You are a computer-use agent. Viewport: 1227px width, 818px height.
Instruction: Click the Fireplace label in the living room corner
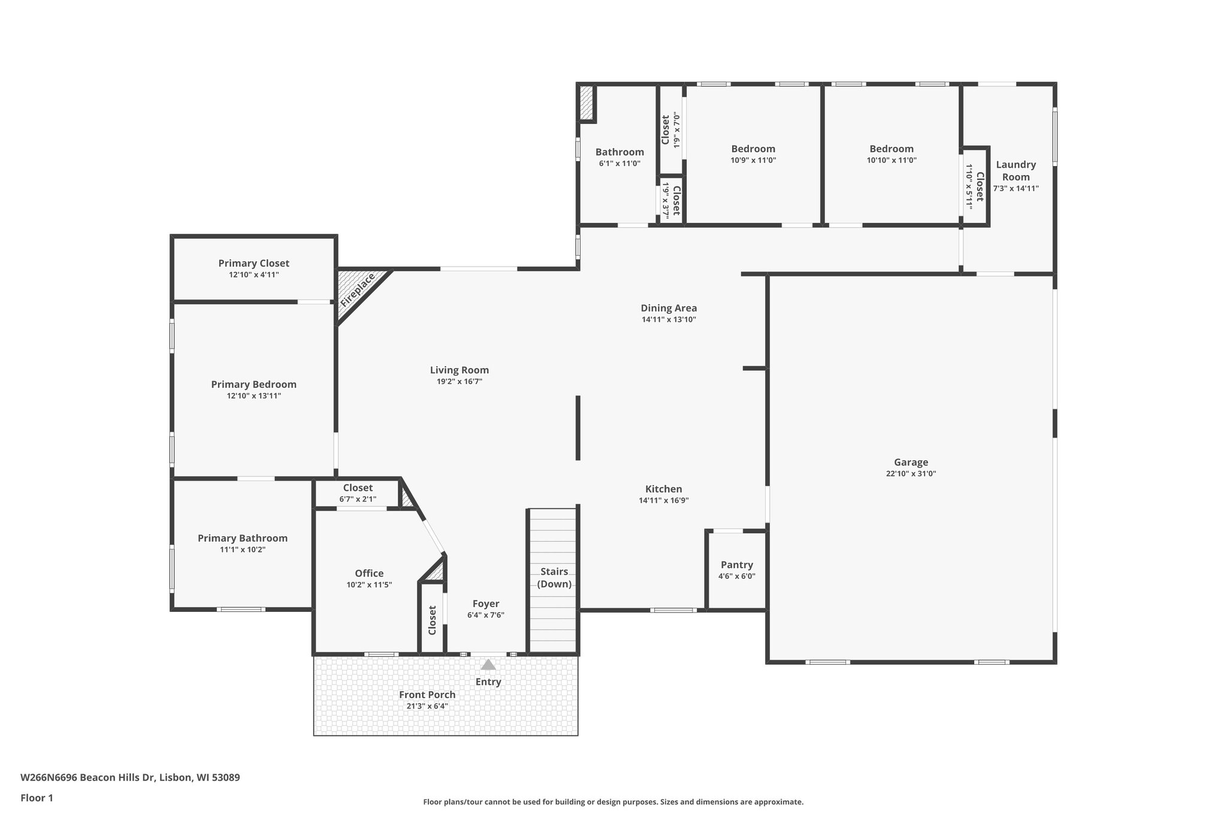pyautogui.click(x=358, y=290)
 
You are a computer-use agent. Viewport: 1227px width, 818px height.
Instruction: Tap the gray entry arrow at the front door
pyautogui.click(x=488, y=665)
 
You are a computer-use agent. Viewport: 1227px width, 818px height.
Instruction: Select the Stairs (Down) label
pyautogui.click(x=554, y=578)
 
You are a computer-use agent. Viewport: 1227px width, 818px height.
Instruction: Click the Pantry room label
pyautogui.click(x=737, y=565)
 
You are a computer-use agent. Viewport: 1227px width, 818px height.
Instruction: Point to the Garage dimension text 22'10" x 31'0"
pyautogui.click(x=911, y=473)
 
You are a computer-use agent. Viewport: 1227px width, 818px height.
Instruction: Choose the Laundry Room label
pyautogui.click(x=1016, y=171)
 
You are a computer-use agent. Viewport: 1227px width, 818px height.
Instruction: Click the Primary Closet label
pyautogui.click(x=253, y=263)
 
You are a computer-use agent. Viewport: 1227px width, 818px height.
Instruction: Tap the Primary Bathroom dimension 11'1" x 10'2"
pyautogui.click(x=243, y=550)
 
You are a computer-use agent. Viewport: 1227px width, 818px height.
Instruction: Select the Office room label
pyautogui.click(x=369, y=573)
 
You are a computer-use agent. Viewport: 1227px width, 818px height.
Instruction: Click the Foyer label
pyautogui.click(x=486, y=604)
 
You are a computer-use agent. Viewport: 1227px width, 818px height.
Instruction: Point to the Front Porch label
pyautogui.click(x=427, y=695)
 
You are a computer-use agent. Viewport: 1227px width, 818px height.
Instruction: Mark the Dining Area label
pyautogui.click(x=669, y=308)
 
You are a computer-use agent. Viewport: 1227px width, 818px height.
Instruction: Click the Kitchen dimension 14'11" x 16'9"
pyautogui.click(x=664, y=500)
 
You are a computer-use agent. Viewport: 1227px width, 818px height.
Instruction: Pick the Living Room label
pyautogui.click(x=460, y=370)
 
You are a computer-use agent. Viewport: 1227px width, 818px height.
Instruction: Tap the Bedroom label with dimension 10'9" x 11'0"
pyautogui.click(x=753, y=149)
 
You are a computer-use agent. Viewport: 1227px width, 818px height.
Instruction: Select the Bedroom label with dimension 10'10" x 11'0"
pyautogui.click(x=891, y=149)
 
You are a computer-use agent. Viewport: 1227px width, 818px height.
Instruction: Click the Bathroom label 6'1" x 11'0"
pyautogui.click(x=619, y=152)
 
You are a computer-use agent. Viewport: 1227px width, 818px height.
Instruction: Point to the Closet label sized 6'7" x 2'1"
pyautogui.click(x=358, y=488)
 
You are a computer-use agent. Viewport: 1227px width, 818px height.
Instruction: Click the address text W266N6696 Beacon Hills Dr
pyautogui.click(x=88, y=778)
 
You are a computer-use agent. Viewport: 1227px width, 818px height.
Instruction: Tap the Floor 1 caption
pyautogui.click(x=37, y=798)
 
